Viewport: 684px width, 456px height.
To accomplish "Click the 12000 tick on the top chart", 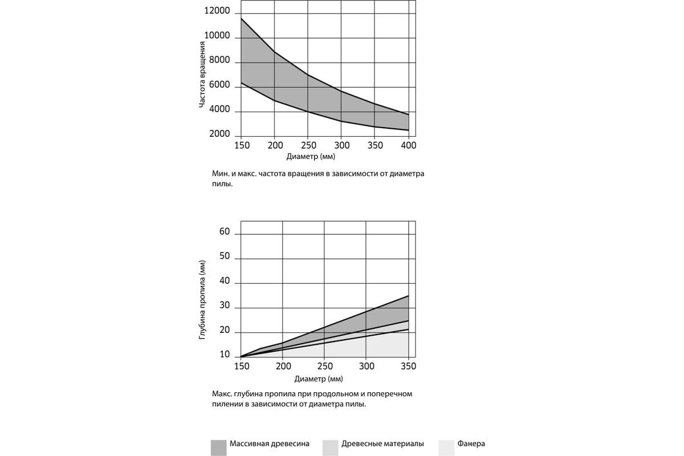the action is click(x=217, y=11).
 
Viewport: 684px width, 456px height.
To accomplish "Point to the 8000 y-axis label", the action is click(x=219, y=60).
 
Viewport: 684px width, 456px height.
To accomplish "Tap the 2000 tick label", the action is click(x=219, y=134).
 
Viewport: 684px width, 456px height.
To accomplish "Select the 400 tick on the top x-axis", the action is click(x=409, y=145).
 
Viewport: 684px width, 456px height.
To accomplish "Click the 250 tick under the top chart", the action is click(x=309, y=145).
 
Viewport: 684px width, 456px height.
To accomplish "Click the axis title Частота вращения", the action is click(x=202, y=75).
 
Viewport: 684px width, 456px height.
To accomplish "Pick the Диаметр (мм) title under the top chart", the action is click(x=311, y=157).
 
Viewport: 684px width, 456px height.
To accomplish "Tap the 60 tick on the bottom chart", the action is click(x=225, y=231).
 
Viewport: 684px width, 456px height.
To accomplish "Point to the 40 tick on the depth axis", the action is click(x=225, y=280).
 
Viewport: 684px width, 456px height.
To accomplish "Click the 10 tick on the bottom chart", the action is click(x=225, y=355).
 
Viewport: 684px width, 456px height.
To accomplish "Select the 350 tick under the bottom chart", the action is click(x=408, y=366).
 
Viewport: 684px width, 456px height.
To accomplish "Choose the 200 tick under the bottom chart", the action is click(x=283, y=366).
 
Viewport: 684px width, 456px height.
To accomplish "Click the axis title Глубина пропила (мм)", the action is click(x=202, y=300).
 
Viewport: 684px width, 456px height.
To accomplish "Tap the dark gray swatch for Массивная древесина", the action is click(x=219, y=448).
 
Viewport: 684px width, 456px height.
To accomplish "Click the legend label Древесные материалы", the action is click(x=382, y=444).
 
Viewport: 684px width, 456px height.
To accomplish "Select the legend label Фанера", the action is click(x=471, y=444).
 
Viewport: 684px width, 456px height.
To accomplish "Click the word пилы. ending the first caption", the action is click(x=222, y=184).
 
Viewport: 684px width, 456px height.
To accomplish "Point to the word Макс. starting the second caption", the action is click(x=222, y=394).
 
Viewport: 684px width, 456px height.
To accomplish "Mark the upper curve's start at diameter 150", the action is click(x=241, y=18).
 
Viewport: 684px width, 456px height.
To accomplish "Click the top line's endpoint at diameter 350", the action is click(x=408, y=296).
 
